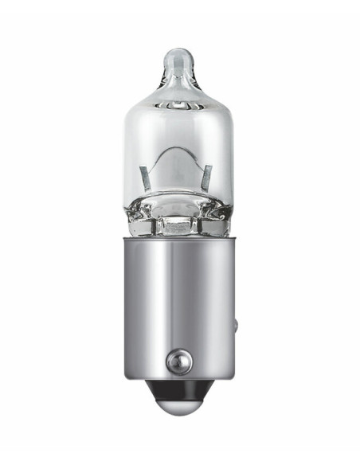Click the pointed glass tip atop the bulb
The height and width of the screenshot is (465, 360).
point(179,59)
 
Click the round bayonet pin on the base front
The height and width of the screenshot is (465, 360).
point(178,362)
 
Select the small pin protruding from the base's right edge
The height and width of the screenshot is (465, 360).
point(237,325)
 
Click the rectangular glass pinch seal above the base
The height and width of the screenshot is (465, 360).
point(179,225)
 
